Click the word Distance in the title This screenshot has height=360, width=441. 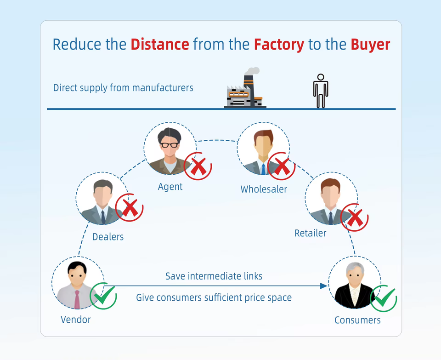coord(160,45)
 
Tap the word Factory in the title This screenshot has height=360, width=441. coord(279,45)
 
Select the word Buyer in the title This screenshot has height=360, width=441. coord(370,45)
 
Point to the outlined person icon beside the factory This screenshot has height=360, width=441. coord(321,91)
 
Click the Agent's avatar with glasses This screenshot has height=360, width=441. coord(170,149)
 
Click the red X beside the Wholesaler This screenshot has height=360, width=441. coord(281,166)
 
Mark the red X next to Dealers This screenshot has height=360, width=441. coord(130,208)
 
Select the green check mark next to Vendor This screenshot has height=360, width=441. coord(103,295)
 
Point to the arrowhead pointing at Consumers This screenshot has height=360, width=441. coord(324,286)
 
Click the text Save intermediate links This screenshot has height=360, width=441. coord(214,276)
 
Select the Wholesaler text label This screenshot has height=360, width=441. coord(264,189)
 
